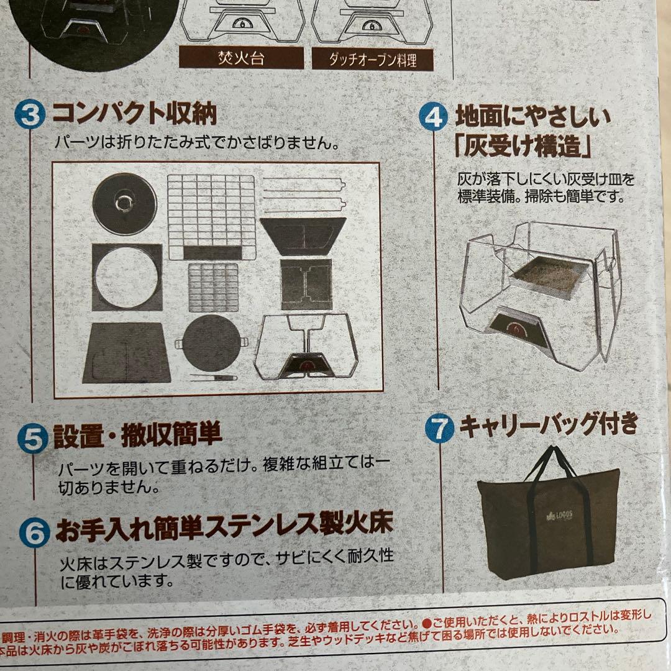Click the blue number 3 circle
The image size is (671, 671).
pos(30,116)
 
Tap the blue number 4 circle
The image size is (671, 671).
pos(433,117)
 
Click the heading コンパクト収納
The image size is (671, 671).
pos(134,114)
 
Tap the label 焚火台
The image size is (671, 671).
pos(241,60)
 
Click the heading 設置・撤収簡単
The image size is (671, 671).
pos(137,436)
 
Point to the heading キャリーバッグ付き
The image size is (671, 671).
pos(548,425)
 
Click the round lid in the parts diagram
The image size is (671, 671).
pos(125,204)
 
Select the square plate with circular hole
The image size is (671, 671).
pos(127,277)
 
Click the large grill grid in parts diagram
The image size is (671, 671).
pos(211,216)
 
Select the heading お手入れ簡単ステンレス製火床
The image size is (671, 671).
pos(224,527)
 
